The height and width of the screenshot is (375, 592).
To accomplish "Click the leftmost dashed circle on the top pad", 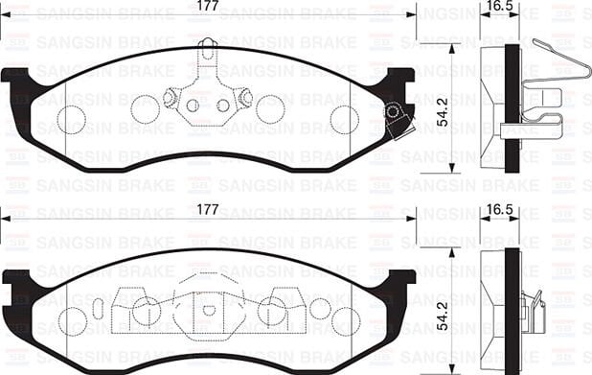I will pos(72,119).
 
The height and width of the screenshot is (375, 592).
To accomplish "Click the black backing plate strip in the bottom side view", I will pos(512,307).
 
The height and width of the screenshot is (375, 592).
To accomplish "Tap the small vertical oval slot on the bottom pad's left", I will pos(98,310).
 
